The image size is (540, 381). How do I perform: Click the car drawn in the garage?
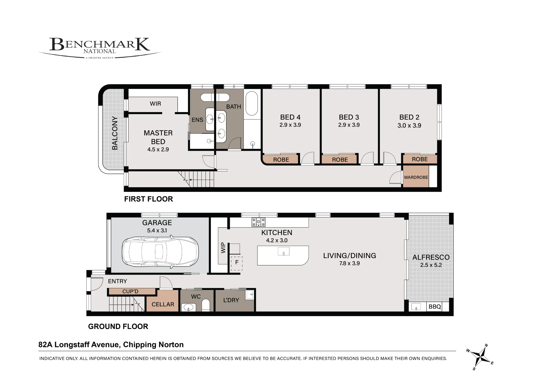pos(160,252)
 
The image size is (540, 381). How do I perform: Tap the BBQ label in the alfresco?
pos(435,307)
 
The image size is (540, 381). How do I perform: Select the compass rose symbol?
pos(481,357)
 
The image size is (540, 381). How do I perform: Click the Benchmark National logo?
pos(100,48)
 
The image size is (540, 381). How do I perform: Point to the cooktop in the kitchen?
pos(258,222)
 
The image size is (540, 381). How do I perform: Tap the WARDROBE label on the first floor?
pos(416,177)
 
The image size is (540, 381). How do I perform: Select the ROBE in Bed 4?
pos(281,159)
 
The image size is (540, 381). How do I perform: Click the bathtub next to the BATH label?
pos(252,103)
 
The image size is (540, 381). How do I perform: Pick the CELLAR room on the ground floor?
pos(163,301)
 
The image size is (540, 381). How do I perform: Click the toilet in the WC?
pos(206,305)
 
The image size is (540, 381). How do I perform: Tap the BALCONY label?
pos(115,133)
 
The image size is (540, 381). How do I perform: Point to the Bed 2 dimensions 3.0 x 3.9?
pos(409,125)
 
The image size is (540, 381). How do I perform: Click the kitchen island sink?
pos(283,251)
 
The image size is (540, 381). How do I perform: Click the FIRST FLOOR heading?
pos(148,199)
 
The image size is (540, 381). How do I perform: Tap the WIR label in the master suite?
pos(156,104)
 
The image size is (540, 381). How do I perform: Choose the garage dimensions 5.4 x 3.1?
pos(157,230)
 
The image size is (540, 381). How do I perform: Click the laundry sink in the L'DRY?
pos(250,295)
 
